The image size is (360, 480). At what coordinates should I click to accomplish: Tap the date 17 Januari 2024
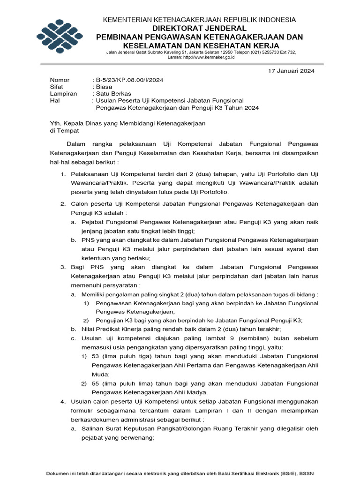291,71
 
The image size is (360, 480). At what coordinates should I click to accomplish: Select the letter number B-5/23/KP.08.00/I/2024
129,80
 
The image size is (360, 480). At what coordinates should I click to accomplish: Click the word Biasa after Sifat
104,87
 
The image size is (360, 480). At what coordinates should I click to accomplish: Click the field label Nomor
60,80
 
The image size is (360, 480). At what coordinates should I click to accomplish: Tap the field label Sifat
57,87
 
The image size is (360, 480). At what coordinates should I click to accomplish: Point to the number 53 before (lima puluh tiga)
96,357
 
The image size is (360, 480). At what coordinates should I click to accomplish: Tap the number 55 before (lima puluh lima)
96,383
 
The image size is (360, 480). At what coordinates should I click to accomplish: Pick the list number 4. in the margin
63,402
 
